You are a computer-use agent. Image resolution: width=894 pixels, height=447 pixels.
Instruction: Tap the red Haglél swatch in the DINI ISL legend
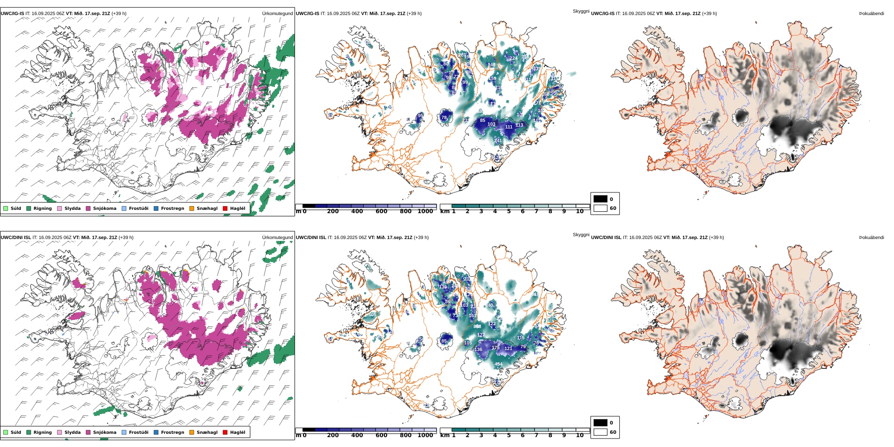(x=225, y=432)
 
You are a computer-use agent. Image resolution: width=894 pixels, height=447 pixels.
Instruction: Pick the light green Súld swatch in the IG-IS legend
(x=6, y=208)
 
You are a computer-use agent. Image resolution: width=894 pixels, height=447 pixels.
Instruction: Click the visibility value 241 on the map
(x=498, y=140)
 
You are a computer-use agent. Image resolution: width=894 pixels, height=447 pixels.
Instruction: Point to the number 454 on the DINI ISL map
(x=498, y=364)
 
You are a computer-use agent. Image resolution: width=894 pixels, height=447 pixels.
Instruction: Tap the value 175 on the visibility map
(x=495, y=348)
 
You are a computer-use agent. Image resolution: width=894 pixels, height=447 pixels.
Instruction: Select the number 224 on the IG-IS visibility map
(x=513, y=58)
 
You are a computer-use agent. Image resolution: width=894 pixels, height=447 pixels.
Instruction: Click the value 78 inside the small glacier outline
(x=444, y=118)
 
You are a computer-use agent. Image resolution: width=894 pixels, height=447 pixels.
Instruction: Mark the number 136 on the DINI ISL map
(x=478, y=350)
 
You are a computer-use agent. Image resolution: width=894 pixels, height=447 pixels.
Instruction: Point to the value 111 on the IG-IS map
(x=509, y=127)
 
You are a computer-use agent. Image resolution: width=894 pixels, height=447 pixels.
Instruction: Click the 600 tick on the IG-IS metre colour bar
(x=381, y=212)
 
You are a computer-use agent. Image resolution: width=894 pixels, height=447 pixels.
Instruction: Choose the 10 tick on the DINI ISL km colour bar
(x=580, y=436)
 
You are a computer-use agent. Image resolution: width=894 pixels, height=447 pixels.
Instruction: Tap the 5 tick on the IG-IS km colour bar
(x=509, y=212)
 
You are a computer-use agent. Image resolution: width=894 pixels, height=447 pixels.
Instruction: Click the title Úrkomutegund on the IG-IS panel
(x=277, y=14)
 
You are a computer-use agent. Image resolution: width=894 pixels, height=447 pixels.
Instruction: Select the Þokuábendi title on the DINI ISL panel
(x=871, y=238)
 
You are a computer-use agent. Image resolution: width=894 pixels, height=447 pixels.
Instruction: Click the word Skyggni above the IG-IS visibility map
(x=581, y=11)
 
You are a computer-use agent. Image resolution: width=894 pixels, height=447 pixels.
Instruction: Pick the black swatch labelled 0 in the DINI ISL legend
(x=600, y=423)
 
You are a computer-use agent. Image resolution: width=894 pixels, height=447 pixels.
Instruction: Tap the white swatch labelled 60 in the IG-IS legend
(x=600, y=208)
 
